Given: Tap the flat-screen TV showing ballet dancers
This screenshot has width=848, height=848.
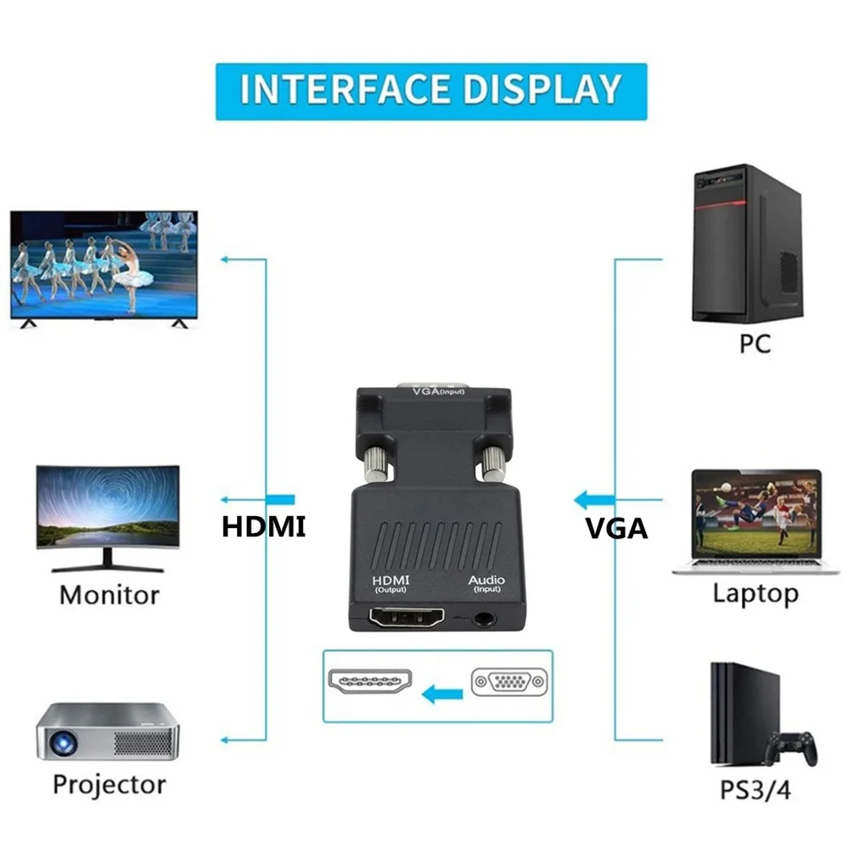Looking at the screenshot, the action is click(104, 265).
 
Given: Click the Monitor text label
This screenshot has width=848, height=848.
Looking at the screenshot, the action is click(110, 594).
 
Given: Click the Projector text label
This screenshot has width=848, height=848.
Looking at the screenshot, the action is click(110, 783).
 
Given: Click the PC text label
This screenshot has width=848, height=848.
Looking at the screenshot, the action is click(749, 344).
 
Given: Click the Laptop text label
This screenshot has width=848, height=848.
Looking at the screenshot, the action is click(755, 593).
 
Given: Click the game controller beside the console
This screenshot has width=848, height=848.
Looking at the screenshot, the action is click(792, 747).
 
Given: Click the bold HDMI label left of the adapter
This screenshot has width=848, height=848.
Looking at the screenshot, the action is click(263, 526).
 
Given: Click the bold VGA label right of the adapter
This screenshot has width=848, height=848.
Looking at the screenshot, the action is click(617, 529).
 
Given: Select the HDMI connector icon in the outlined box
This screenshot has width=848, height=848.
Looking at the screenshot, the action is click(369, 684).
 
